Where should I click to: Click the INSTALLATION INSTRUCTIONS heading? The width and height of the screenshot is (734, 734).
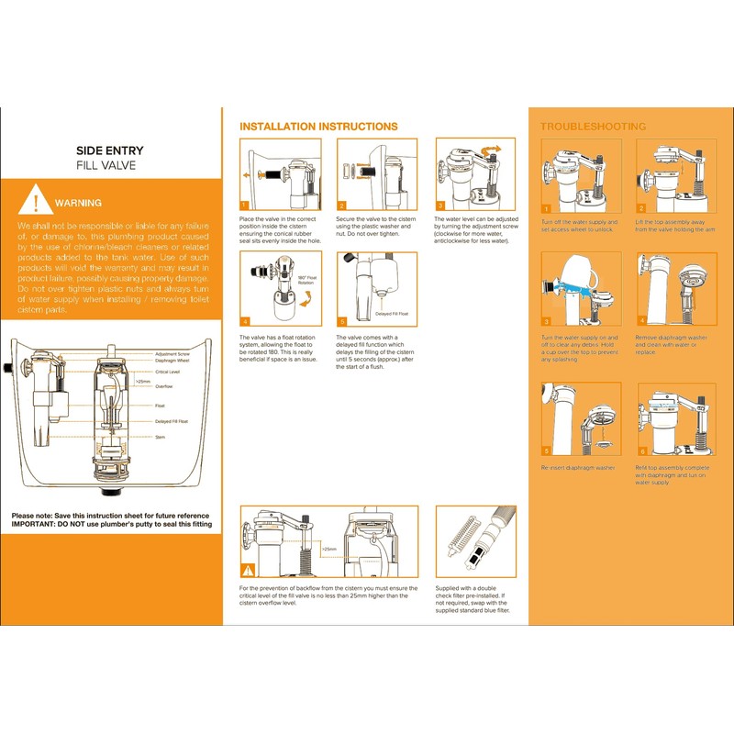tap(318, 127)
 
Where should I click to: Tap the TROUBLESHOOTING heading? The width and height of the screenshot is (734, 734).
tap(593, 127)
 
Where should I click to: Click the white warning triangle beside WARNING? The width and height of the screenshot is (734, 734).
tap(35, 201)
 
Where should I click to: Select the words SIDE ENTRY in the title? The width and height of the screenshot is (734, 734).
tap(110, 150)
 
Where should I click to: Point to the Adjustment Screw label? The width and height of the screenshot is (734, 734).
tap(172, 353)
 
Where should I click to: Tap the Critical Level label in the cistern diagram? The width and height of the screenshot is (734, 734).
tap(168, 372)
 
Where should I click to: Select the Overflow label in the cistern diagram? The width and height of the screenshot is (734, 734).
tap(163, 386)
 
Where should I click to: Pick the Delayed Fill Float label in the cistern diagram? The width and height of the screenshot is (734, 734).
tap(172, 421)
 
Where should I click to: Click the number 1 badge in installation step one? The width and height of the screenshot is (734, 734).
tap(245, 206)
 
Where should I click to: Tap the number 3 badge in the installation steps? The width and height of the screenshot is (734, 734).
tap(440, 206)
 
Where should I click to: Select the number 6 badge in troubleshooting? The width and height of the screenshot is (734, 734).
tap(643, 451)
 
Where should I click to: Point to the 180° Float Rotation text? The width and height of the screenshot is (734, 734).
tap(307, 279)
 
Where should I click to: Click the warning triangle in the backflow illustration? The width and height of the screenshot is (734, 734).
tap(248, 571)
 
